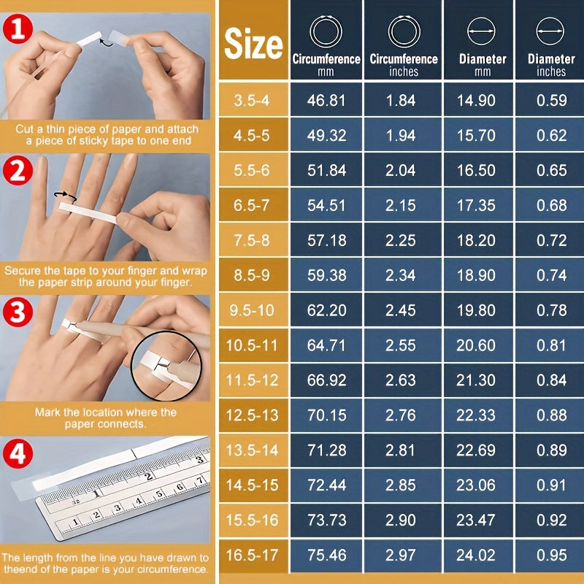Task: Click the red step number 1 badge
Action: [x=18, y=29]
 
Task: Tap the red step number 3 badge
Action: [x=18, y=312]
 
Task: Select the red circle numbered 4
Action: [x=18, y=453]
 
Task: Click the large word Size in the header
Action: [x=253, y=44]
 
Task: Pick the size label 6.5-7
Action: [x=251, y=205]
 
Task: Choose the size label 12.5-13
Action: [x=252, y=415]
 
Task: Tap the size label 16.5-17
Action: [x=252, y=556]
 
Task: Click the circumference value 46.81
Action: [x=326, y=100]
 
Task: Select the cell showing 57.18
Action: [x=326, y=240]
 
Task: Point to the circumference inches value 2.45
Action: [x=400, y=310]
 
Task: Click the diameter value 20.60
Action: [x=476, y=345]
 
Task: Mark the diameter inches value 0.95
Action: [x=552, y=556]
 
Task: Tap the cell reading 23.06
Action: [x=476, y=485]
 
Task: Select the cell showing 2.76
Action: [x=400, y=415]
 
